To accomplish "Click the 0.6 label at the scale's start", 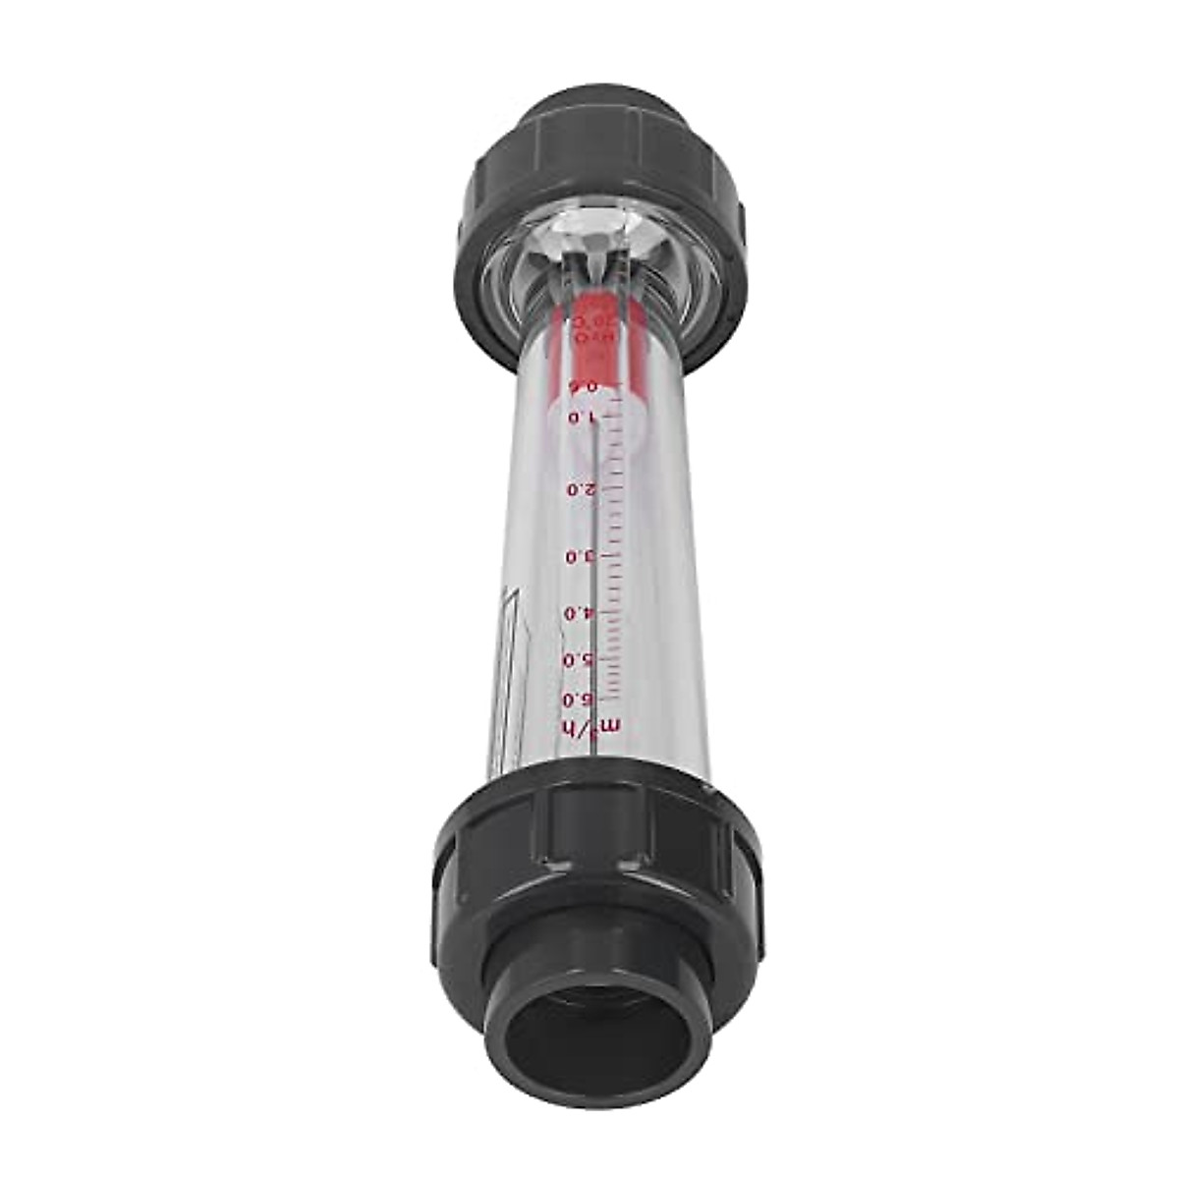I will click(x=586, y=386).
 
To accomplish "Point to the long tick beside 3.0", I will click(x=611, y=555).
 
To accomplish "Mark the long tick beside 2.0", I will click(x=611, y=487).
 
